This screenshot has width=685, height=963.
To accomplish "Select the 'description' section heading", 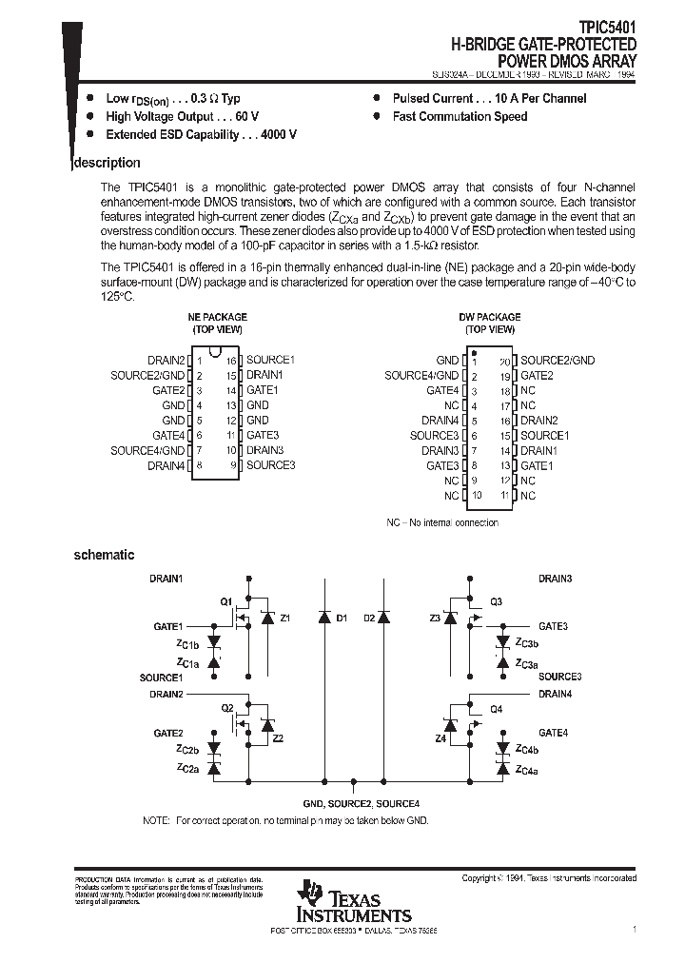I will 108,163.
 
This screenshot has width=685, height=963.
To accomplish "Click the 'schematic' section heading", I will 104,555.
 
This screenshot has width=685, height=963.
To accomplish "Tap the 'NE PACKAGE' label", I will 217,317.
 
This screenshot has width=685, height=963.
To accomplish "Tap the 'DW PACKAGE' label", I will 490,317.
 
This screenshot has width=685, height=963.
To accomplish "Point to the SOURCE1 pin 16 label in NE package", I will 271,360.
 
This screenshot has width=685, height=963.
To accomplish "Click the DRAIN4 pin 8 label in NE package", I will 166,465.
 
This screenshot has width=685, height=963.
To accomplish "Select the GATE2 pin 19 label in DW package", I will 537,375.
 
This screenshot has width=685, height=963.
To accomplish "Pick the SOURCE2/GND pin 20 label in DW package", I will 558,360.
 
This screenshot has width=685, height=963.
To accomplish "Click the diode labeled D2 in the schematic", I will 382,618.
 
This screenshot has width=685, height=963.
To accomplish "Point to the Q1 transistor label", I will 225,601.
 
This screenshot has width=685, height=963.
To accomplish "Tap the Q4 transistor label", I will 496,709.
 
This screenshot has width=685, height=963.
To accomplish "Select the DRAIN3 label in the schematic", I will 555,579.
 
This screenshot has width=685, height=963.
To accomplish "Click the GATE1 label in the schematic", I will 167,626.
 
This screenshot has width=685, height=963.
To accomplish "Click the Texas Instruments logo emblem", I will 309,893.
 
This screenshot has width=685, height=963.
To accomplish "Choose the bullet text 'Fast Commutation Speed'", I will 460,116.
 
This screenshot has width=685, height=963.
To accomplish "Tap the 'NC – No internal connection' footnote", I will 441,522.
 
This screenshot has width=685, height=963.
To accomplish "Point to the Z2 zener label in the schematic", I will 277,737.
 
